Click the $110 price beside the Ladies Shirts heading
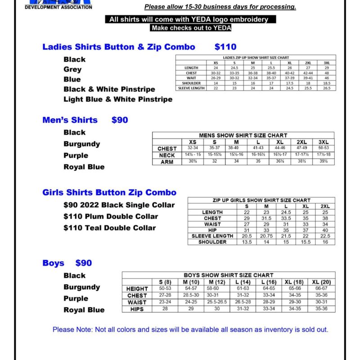tap(225, 47)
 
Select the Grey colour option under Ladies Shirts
tap(72, 69)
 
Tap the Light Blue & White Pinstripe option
tap(118, 99)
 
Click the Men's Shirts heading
tap(70, 120)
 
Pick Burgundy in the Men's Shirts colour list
tap(82, 144)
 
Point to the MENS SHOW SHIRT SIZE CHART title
tap(243, 135)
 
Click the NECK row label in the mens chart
tap(167, 155)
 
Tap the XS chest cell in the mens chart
tap(192, 148)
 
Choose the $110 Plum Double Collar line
tap(111, 216)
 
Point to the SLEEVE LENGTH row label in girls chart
tap(212, 236)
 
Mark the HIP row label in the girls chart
tap(212, 230)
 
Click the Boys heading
tap(53, 263)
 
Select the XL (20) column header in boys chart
tap(321, 282)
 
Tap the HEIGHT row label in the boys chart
tap(137, 288)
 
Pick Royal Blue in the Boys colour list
tap(84, 310)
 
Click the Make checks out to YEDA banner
tap(191, 28)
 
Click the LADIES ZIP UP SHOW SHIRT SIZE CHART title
tap(256, 58)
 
